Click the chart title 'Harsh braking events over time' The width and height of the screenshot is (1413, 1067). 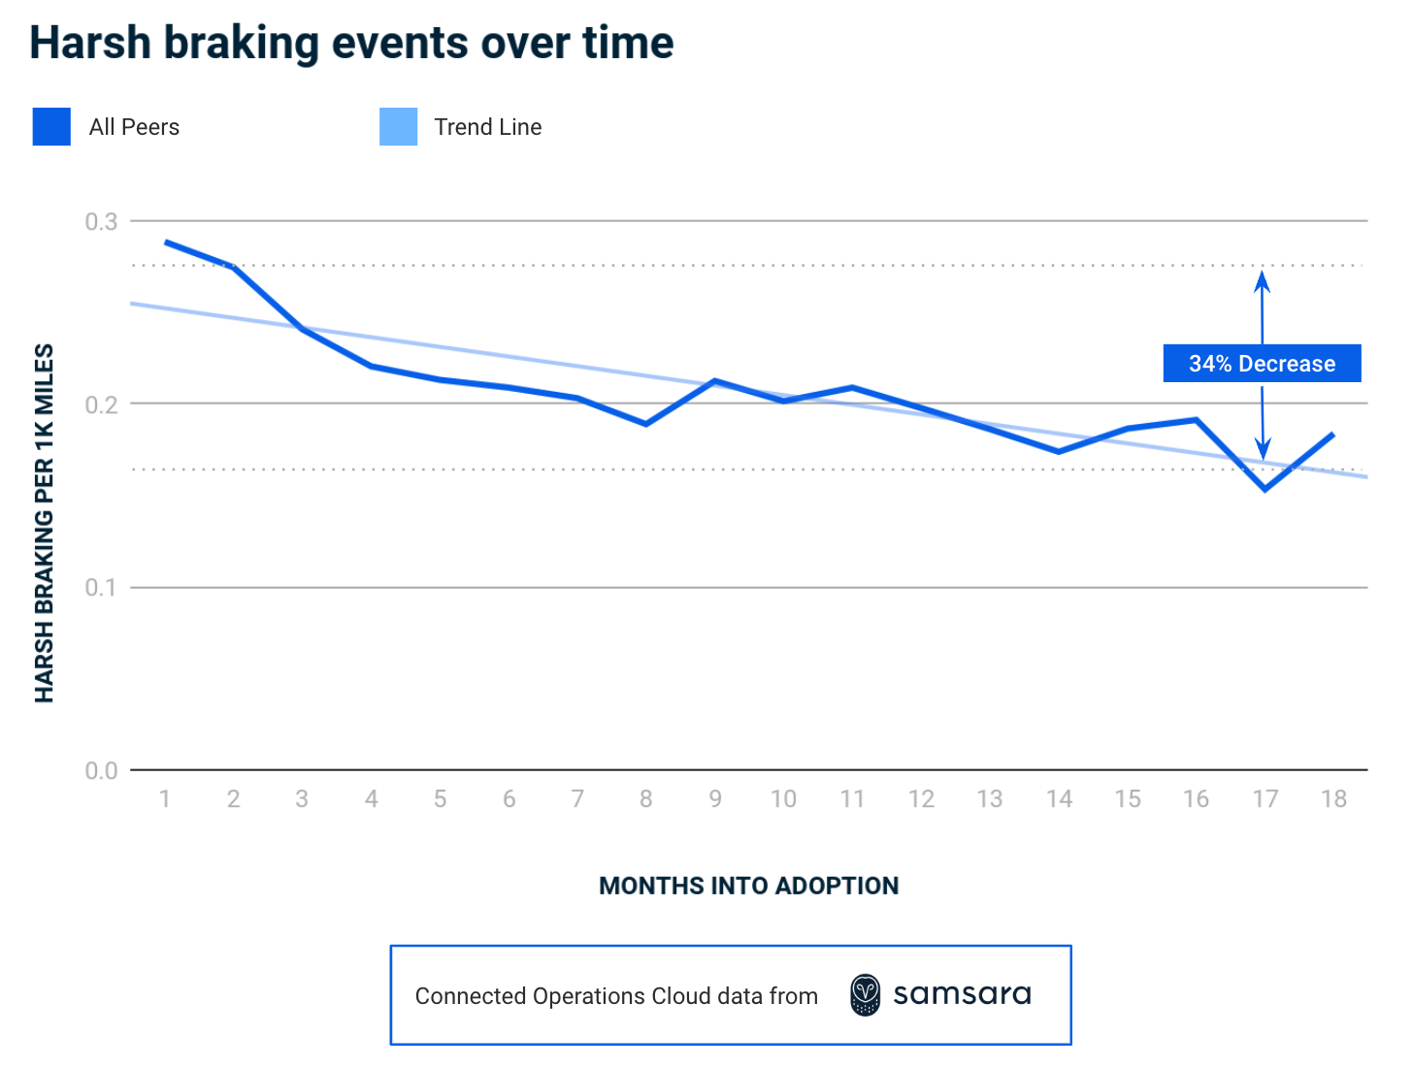pos(351,44)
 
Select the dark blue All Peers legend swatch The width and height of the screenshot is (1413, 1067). pos(51,127)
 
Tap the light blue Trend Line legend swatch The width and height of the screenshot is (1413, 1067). pos(398,127)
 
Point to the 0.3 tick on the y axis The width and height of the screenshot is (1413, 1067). pos(101,222)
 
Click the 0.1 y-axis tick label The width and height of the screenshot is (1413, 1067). pos(101,588)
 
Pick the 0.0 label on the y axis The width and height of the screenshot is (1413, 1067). pos(101,771)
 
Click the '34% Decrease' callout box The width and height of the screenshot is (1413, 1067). pos(1262,364)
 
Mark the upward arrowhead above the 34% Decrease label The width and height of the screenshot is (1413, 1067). pos(1262,281)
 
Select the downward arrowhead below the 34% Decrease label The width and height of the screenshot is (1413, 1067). pos(1263,449)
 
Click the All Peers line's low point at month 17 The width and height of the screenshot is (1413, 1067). pos(1265,489)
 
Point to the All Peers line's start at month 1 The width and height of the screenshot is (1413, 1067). pos(166,242)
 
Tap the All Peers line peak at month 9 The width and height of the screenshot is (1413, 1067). pos(714,381)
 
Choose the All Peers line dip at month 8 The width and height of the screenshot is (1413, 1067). pos(646,424)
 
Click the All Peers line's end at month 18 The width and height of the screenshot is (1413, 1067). pos(1333,435)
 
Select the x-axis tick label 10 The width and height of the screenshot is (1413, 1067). pos(783,799)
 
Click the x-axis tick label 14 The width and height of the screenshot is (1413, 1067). pos(1059,799)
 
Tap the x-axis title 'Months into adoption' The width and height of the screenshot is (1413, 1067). pos(748,886)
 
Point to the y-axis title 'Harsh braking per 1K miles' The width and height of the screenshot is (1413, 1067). pos(45,524)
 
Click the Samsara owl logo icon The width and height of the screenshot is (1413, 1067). pos(865,995)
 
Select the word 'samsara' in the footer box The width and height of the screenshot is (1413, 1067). pos(962,995)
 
